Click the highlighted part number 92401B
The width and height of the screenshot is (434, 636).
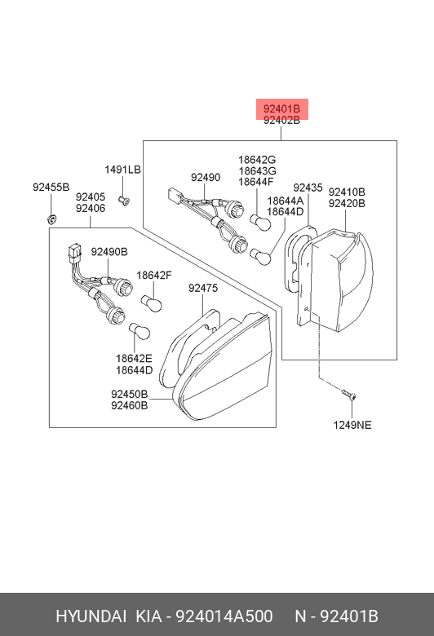coord(281,108)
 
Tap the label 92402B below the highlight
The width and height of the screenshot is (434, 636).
coord(281,120)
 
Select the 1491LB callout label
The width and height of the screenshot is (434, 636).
coord(122,169)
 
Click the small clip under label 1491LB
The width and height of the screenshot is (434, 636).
coord(123,200)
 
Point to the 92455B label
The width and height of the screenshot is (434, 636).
coord(51,187)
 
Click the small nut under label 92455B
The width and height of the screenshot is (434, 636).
coord(51,220)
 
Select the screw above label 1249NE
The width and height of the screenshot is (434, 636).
coord(348,394)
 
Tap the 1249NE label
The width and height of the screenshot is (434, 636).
coord(352,425)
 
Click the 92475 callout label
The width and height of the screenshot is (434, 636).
coord(203,288)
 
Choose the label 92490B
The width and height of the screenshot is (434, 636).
coord(109,251)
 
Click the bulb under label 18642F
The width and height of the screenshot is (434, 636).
coord(152,303)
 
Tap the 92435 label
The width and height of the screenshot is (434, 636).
coord(308,188)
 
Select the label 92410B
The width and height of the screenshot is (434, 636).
coord(347,192)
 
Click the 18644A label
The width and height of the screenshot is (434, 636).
coord(285,201)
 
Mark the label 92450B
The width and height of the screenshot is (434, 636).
coord(130,394)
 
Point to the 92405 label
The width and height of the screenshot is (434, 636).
coord(91,197)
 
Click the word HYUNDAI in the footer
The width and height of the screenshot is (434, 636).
coord(91,616)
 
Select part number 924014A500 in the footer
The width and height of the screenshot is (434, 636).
coord(224,616)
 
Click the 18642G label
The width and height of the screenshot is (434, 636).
coord(257,159)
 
